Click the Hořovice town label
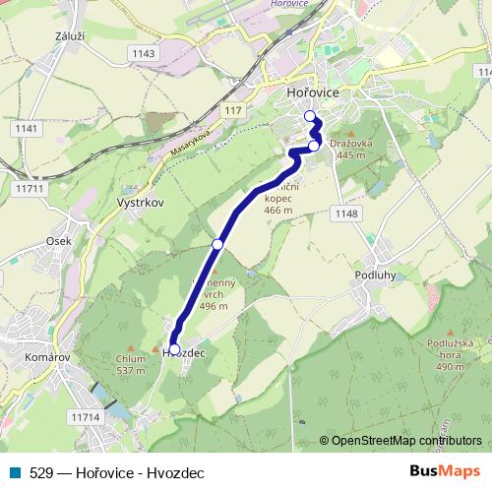pos(312,92)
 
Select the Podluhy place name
pos(374,276)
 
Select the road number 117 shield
pos(232,111)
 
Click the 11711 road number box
pos(31,187)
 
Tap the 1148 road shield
pos(346,214)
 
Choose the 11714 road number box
pos(86,418)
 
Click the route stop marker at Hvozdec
pos(174,349)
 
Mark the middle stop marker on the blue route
pos(217,243)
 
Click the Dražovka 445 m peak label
pos(348,149)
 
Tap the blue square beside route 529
pos(16,472)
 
